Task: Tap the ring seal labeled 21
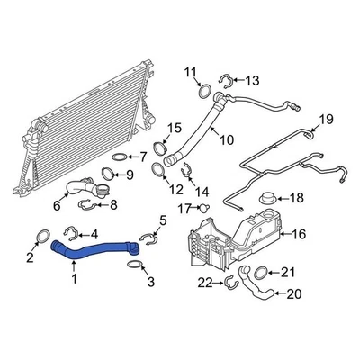[261, 273]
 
